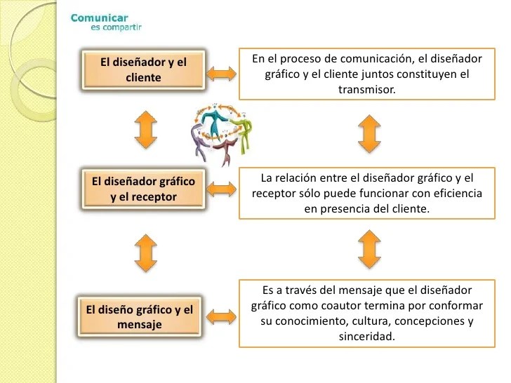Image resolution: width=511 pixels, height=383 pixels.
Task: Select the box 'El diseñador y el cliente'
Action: [143, 69]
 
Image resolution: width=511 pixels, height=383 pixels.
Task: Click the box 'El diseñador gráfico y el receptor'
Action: [143, 189]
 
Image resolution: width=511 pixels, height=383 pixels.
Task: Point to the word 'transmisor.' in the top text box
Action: [362, 90]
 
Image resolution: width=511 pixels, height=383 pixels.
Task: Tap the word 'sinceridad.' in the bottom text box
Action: [362, 337]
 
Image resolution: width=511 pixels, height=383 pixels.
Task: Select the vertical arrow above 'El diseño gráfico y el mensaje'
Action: [143, 253]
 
